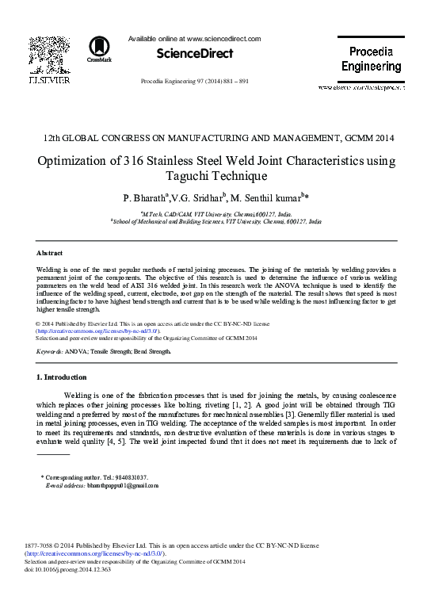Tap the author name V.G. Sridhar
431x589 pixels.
(x=198, y=197)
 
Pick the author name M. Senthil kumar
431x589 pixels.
(x=266, y=197)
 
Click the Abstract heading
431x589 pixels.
(x=50, y=253)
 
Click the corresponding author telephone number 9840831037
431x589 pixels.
(x=132, y=477)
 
